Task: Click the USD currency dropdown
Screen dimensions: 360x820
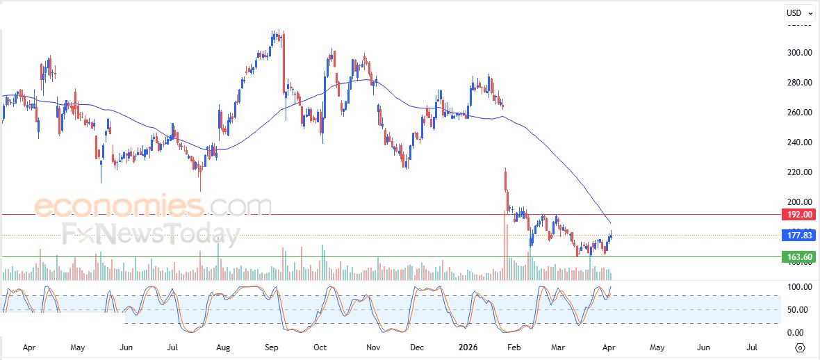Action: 798,13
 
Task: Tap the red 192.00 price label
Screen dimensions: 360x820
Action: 798,215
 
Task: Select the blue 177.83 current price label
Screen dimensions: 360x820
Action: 798,235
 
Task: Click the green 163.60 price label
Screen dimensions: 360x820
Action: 798,257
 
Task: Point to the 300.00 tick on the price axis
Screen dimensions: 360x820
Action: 799,53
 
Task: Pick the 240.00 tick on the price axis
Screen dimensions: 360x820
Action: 799,142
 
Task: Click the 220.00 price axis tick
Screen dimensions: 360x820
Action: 799,172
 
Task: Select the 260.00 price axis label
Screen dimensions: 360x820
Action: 799,113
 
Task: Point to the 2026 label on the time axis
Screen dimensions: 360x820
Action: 466,346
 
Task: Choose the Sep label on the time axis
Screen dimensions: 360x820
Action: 272,346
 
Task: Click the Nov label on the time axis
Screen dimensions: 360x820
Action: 373,346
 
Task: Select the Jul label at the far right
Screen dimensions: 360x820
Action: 752,346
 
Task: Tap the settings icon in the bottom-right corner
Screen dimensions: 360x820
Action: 800,347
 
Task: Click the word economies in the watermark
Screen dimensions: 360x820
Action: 119,206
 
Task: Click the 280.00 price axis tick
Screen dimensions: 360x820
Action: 799,83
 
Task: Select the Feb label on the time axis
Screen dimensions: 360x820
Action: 514,346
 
